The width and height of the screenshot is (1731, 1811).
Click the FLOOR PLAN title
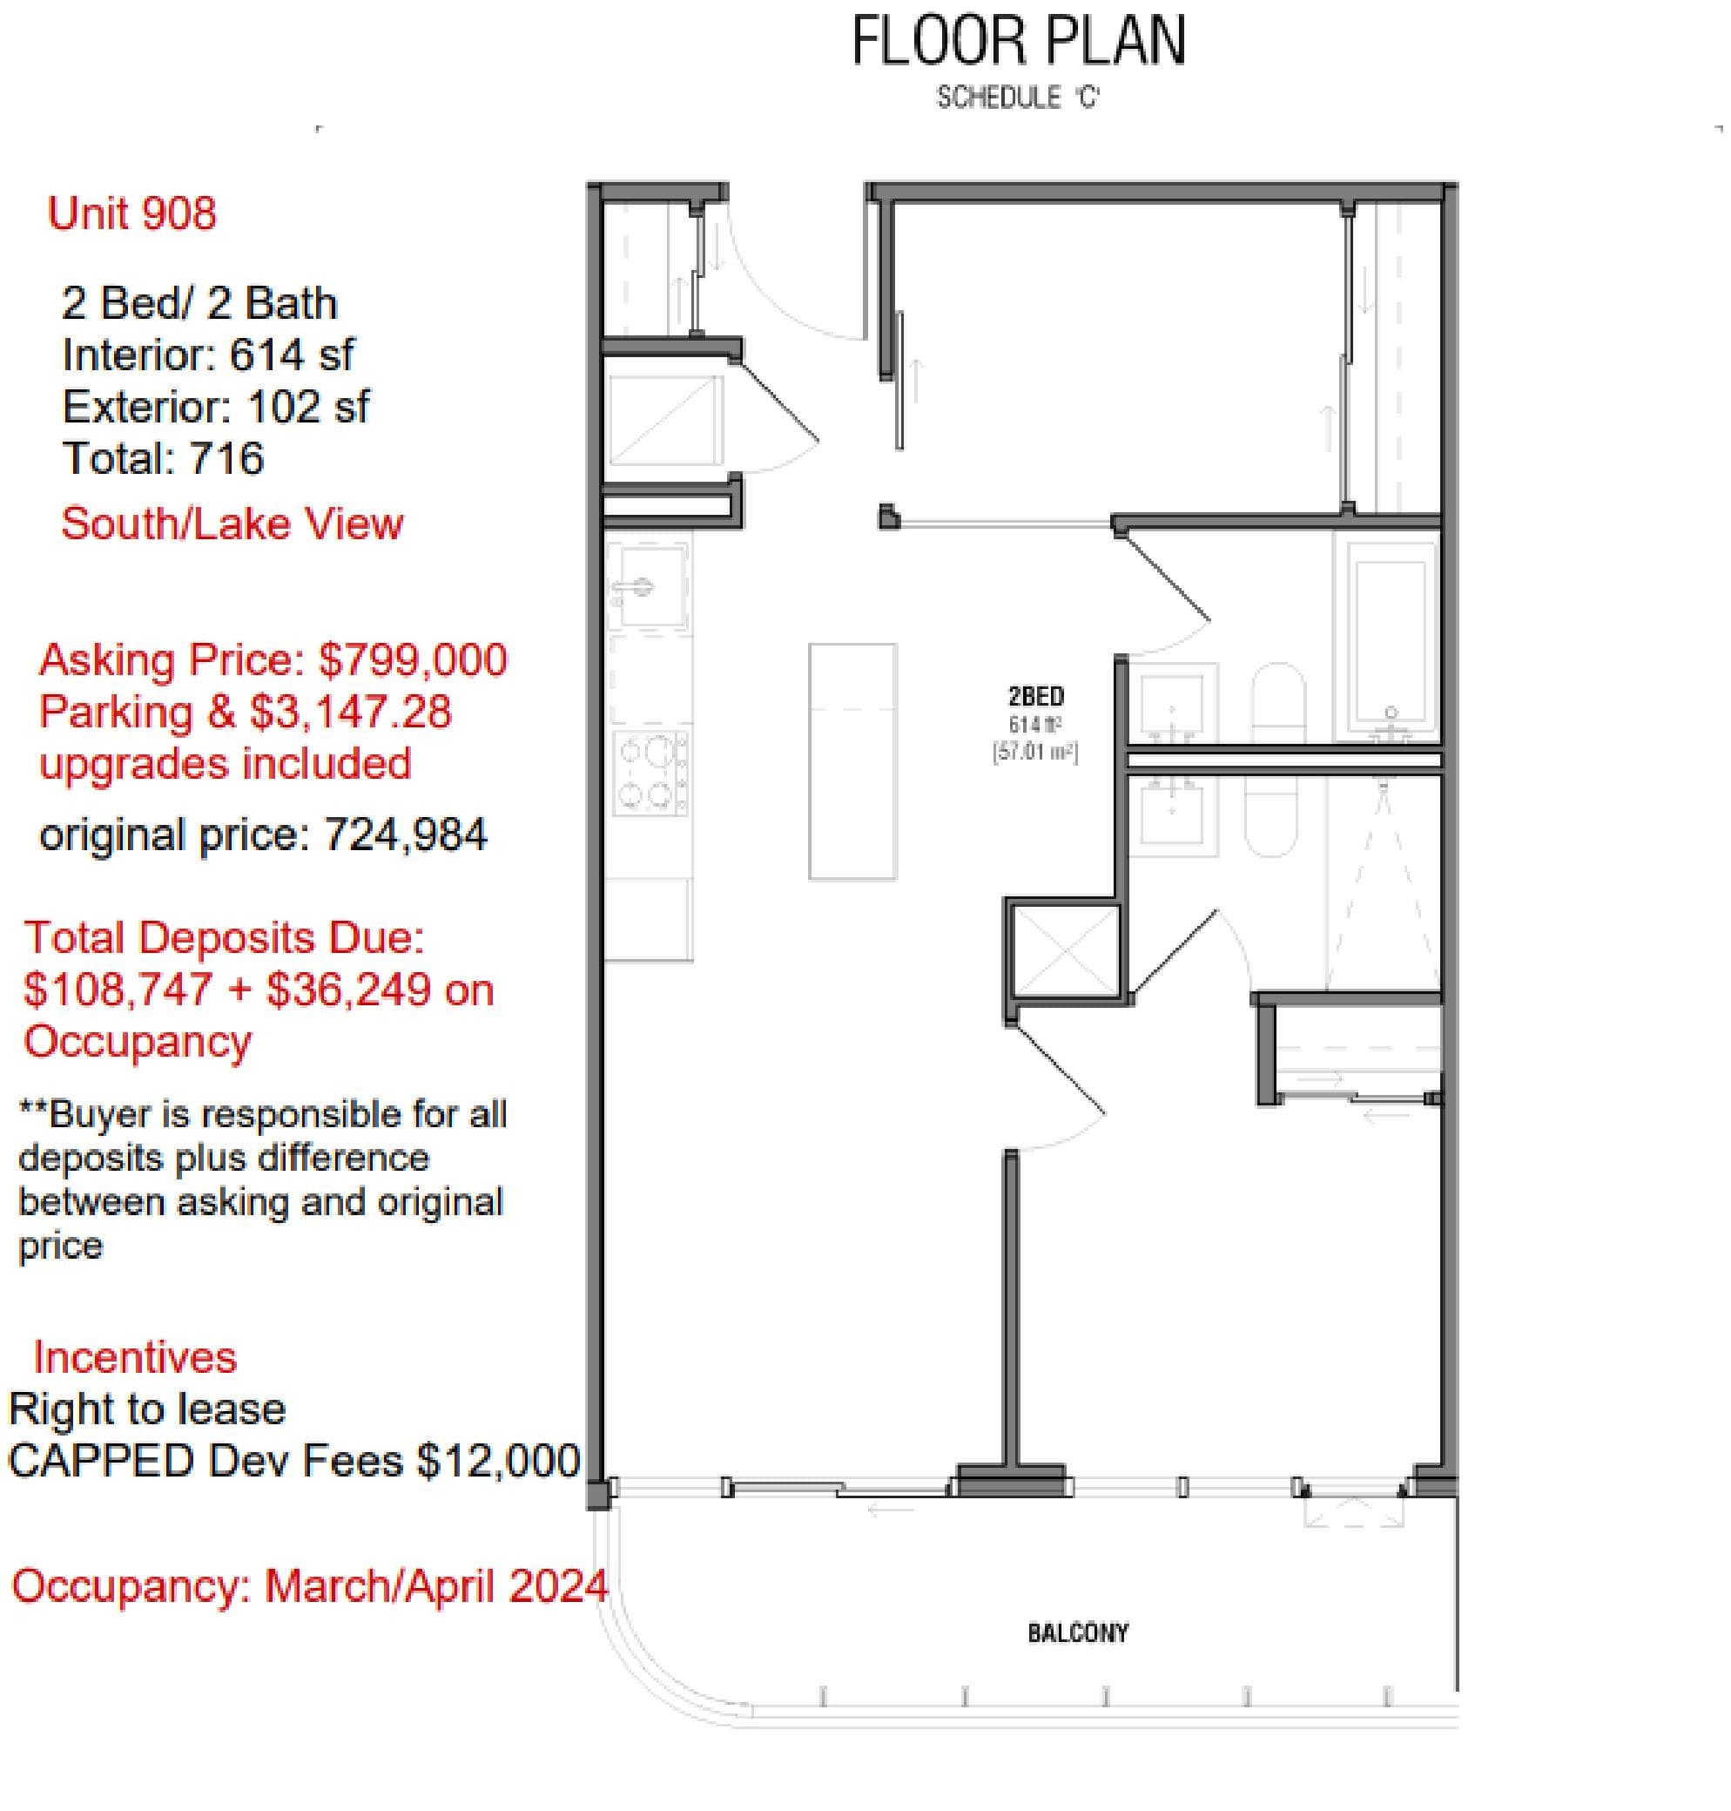(1018, 42)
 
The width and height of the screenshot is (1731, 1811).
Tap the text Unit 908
(132, 213)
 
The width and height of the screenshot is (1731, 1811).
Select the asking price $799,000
(413, 660)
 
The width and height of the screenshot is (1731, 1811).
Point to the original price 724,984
(405, 835)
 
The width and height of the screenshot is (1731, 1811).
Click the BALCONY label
(1077, 1632)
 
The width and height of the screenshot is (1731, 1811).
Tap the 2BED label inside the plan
(1035, 696)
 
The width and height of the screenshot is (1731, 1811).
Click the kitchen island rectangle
(852, 760)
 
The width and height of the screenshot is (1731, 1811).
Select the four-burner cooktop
(651, 772)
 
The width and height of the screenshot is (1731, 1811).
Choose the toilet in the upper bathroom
(1277, 702)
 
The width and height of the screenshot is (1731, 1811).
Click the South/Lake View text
(232, 524)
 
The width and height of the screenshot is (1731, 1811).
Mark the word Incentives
(135, 1358)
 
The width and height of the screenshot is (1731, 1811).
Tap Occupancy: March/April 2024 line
(309, 1585)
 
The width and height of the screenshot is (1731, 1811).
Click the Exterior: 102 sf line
(215, 407)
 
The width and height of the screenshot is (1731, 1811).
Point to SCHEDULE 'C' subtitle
(1018, 97)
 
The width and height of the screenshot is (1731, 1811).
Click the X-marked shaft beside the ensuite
(1065, 950)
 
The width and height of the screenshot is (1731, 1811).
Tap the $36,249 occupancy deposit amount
(348, 990)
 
